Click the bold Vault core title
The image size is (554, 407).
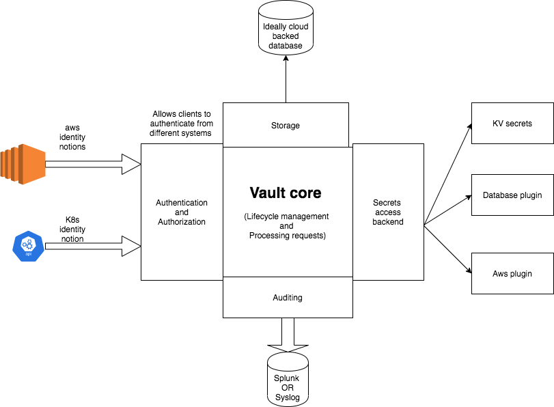[x=285, y=193]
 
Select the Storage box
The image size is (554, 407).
[x=285, y=125]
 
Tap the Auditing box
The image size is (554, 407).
[x=287, y=298]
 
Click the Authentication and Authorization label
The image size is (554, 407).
[x=182, y=212]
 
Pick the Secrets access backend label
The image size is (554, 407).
[x=388, y=212]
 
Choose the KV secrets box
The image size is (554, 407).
[x=512, y=124]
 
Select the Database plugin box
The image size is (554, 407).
[x=512, y=195]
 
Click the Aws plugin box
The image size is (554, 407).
[x=512, y=274]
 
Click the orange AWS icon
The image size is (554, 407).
[x=22, y=164]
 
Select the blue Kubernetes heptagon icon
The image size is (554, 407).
[x=29, y=247]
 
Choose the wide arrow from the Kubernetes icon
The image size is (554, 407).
[x=92, y=247]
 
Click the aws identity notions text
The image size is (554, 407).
[x=72, y=137]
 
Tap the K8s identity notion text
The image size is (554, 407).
[x=72, y=229]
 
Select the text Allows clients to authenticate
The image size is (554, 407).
[x=182, y=124]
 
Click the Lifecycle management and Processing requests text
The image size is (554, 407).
[x=286, y=226]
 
